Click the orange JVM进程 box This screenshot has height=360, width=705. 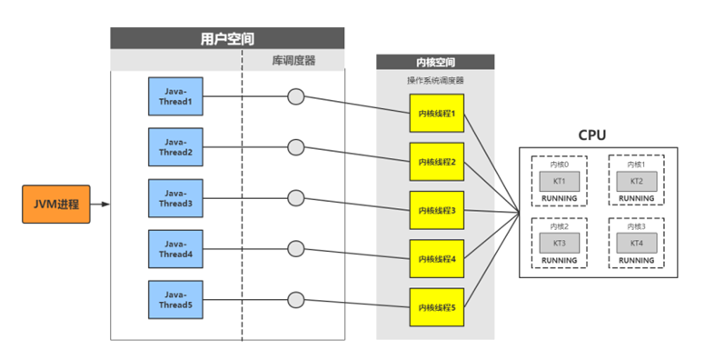coord(56,205)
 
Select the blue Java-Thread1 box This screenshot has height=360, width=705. coord(176,96)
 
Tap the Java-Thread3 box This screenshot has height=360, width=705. coord(176,198)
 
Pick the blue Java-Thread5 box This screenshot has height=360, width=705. coord(176,300)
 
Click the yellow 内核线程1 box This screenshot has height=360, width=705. coord(437,113)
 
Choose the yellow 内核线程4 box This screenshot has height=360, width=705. coord(437,259)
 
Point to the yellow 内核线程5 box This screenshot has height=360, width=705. coord(437,307)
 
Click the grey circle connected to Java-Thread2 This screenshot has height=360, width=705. coord(296,147)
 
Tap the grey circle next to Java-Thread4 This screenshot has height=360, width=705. coord(296,249)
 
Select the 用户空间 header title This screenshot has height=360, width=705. coord(227,39)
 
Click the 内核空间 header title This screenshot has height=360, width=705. coord(436,63)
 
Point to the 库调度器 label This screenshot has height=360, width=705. coord(293,61)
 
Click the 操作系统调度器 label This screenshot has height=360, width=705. coord(435,81)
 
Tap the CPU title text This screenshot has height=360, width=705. coord(591,135)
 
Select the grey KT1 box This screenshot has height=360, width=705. coord(560,181)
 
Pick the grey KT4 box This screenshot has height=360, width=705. coord(637,244)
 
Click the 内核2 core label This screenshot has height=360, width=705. coord(560,226)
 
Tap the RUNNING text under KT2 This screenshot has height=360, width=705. coord(637,198)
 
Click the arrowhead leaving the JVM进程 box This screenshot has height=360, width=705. coord(105,205)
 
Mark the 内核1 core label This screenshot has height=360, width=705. coord(637,165)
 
